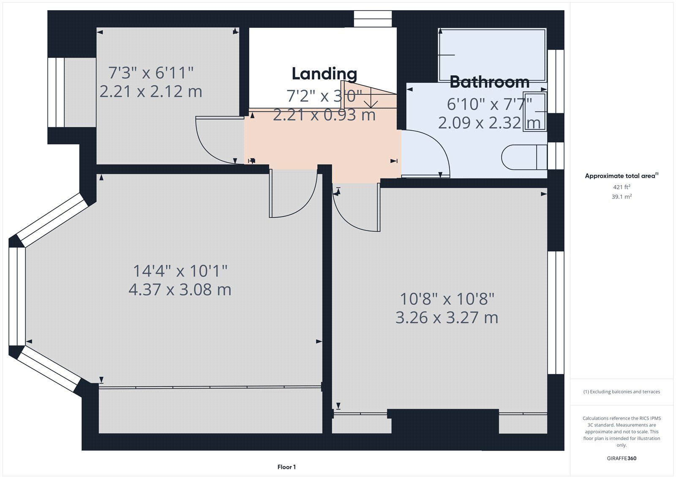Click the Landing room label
click(324, 74)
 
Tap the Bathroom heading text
click(490, 82)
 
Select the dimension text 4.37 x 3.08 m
click(180, 290)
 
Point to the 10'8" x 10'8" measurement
click(447, 299)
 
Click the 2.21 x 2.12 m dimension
click(150, 91)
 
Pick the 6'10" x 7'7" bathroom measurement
click(489, 104)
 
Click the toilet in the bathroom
click(524, 157)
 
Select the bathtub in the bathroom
click(492, 55)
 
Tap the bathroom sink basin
click(535, 112)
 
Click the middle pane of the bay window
click(17, 296)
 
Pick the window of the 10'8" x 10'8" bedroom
click(556, 313)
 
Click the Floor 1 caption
click(287, 467)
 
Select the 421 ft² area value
click(621, 187)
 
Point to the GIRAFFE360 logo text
click(621, 459)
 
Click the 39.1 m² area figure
click(621, 197)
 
